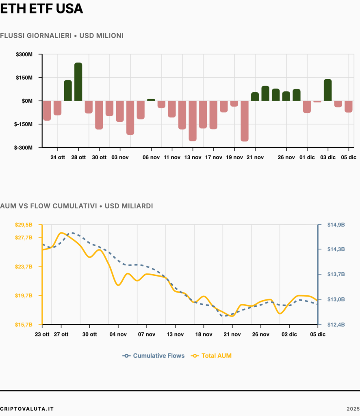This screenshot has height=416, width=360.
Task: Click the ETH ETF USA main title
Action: [x=41, y=9]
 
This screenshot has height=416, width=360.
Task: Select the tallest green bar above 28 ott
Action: [x=78, y=82]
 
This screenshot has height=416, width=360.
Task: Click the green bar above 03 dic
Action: [x=327, y=90]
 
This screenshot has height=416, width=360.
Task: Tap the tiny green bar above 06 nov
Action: [x=151, y=100]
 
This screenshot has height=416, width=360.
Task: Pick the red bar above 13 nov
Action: [x=193, y=121]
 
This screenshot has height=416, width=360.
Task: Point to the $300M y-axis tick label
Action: [x=24, y=54]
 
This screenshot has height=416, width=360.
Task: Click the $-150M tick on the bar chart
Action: [x=23, y=124]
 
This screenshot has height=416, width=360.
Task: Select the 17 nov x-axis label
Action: [x=214, y=157]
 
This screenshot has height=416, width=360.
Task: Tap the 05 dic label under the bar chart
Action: [x=349, y=157]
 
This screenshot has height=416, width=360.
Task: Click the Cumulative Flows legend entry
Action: [x=153, y=356]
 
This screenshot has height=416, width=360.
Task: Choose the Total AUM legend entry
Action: [x=211, y=356]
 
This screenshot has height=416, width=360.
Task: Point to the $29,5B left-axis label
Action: [x=24, y=225]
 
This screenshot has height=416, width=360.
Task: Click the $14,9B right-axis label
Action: [x=336, y=225]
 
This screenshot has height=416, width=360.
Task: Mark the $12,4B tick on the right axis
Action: [x=336, y=325]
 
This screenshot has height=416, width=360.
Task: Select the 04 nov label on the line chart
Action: [x=118, y=334]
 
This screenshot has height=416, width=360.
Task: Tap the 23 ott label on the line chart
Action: [x=42, y=334]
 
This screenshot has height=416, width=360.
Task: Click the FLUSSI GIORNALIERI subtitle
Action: [x=36, y=36]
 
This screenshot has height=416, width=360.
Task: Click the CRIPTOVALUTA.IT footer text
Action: [x=27, y=409]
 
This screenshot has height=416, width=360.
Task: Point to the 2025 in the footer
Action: [x=353, y=409]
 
